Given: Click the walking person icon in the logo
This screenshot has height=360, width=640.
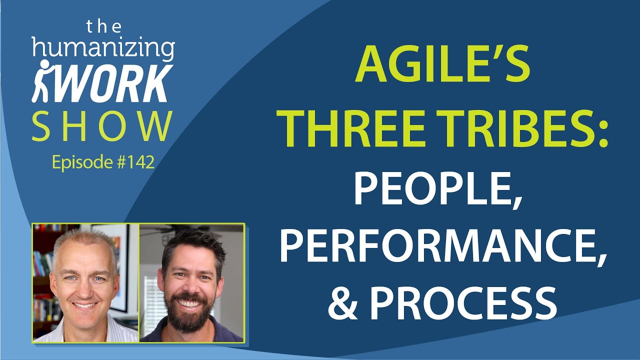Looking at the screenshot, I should coord(43,81).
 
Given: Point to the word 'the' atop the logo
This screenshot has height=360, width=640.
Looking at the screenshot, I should coord(103,25).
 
